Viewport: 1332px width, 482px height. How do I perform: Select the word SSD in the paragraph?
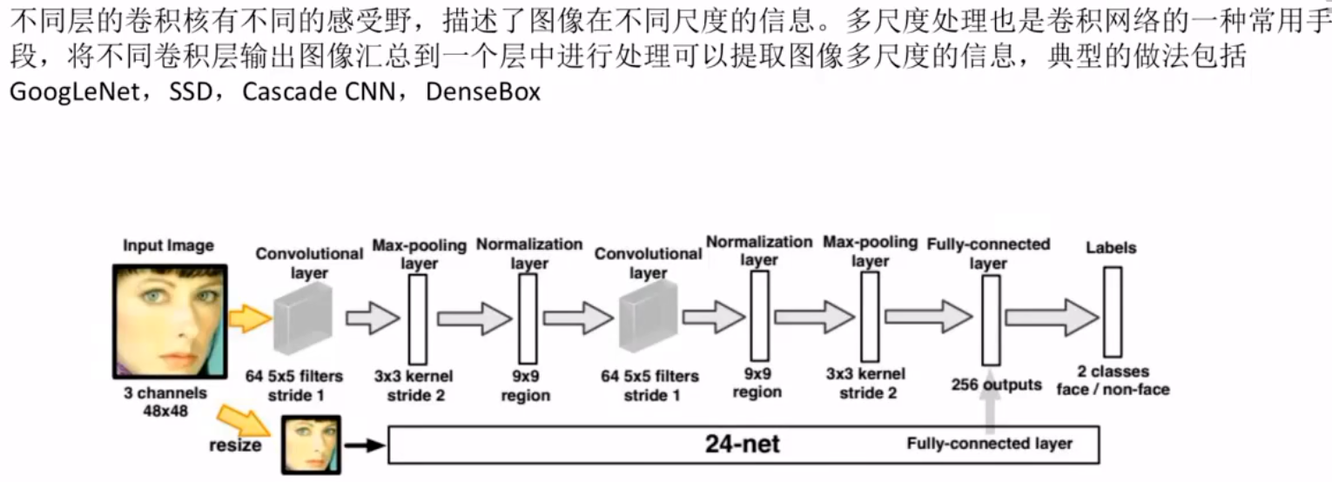point(186,91)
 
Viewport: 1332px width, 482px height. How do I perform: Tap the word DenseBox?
point(483,91)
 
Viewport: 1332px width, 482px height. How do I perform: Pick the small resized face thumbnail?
point(310,445)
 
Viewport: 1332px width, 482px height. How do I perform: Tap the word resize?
point(235,445)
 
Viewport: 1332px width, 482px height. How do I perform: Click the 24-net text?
point(743,445)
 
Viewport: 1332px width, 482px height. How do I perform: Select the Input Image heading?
point(168,245)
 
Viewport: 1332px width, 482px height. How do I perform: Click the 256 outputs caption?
point(996,385)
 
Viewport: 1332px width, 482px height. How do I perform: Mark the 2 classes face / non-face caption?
point(1113,380)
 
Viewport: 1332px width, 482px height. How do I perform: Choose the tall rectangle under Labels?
point(1112,311)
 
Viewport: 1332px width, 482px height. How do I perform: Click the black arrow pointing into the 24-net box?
point(365,445)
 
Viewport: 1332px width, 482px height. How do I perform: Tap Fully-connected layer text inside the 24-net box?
point(990,444)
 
